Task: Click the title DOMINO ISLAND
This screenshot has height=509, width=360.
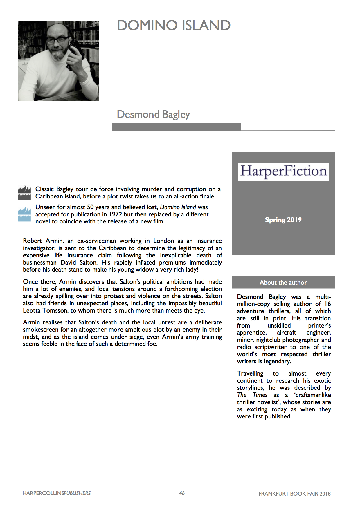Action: click(174, 26)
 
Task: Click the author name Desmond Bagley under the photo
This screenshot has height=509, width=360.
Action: click(153, 114)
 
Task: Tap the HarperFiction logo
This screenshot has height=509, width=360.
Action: click(283, 172)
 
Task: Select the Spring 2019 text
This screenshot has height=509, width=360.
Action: click(283, 220)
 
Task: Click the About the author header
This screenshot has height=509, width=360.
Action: click(283, 282)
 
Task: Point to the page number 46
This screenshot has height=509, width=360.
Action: click(182, 493)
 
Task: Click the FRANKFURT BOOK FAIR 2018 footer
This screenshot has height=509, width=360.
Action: click(294, 494)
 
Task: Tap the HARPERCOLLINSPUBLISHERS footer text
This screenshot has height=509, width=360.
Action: click(57, 493)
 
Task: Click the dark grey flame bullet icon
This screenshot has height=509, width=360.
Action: click(24, 193)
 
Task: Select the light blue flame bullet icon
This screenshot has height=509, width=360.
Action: click(24, 214)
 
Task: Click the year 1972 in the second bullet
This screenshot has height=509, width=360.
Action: click(115, 214)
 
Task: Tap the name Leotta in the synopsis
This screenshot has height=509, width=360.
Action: click(32, 311)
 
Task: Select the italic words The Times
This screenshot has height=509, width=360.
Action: click(252, 395)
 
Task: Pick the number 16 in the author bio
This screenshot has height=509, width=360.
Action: click(327, 304)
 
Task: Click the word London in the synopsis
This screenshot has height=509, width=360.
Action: click(163, 241)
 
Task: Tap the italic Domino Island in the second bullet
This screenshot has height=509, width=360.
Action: click(178, 207)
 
